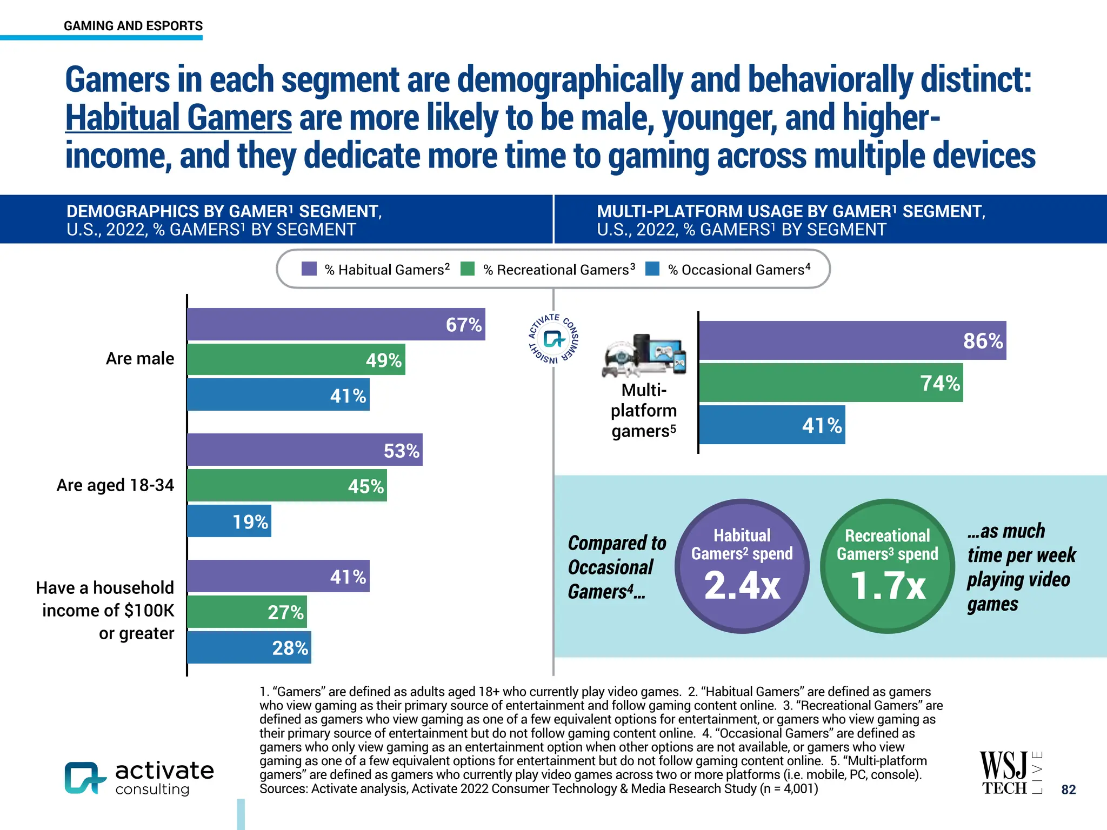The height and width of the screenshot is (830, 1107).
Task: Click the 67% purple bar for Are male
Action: tap(335, 324)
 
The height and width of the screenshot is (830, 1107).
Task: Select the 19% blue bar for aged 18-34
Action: tap(229, 521)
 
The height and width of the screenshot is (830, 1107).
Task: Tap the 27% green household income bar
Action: tap(246, 612)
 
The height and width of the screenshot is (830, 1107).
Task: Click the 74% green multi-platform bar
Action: tap(830, 383)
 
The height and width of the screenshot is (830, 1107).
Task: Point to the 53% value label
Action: tap(401, 451)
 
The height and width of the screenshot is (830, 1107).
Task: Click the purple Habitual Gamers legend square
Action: tap(309, 269)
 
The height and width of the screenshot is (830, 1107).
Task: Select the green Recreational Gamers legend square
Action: tap(468, 269)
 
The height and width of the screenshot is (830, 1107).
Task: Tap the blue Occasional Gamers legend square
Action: tap(652, 269)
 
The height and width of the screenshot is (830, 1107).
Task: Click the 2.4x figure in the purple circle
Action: tap(742, 585)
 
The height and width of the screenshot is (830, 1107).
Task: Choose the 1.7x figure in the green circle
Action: tap(888, 586)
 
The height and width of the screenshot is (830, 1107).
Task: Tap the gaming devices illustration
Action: tap(644, 356)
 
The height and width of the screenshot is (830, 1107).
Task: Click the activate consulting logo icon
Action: tap(84, 778)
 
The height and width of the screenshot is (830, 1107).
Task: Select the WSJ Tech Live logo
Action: tap(1010, 773)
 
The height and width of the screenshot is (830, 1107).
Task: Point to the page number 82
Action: tap(1068, 789)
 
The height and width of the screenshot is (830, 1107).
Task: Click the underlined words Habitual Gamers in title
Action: tap(178, 118)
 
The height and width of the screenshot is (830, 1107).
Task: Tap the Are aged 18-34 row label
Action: tap(115, 485)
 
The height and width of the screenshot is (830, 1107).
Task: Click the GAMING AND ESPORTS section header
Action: tap(133, 26)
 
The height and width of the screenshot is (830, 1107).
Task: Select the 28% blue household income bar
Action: tap(249, 647)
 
